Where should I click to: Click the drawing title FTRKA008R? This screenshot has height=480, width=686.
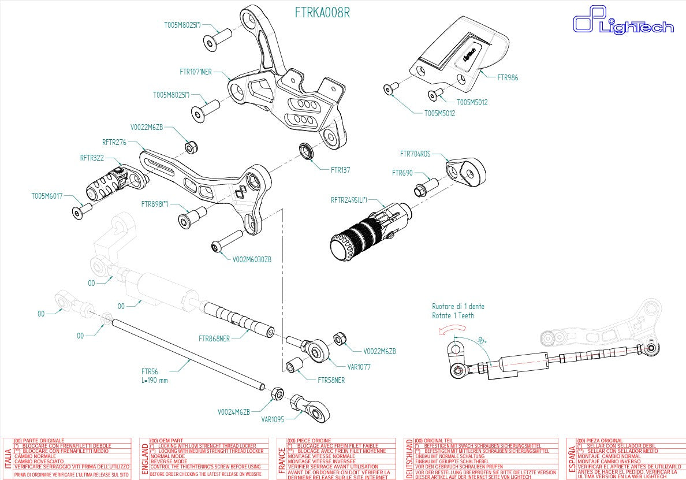click(x=322, y=13)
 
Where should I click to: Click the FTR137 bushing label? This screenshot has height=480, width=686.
click(x=340, y=170)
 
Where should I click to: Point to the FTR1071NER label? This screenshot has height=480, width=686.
click(x=196, y=72)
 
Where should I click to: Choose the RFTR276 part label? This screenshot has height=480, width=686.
click(x=114, y=142)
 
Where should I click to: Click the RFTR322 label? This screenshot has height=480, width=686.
click(x=92, y=157)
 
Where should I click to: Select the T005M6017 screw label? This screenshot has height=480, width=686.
click(x=47, y=196)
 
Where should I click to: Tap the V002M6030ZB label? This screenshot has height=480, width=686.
click(x=252, y=260)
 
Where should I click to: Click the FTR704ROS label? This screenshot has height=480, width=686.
click(x=415, y=154)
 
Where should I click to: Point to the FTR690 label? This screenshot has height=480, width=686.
click(x=402, y=173)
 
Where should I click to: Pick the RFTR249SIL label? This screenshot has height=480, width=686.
click(x=352, y=200)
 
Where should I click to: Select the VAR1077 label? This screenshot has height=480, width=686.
click(x=359, y=366)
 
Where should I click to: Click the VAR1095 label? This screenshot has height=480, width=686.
click(x=273, y=421)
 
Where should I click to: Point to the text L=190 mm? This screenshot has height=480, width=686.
click(x=154, y=381)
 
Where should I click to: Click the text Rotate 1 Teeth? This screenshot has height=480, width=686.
click(x=453, y=316)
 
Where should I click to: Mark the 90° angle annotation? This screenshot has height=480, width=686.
click(x=480, y=341)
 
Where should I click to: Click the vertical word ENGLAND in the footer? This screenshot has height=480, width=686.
click(x=144, y=458)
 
